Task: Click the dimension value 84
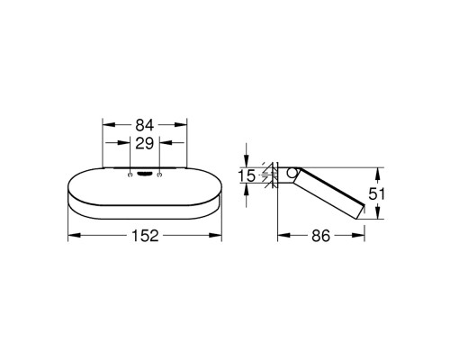(x=145, y=125)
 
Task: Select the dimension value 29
(x=145, y=143)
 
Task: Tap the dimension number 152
(x=145, y=236)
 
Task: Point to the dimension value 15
(x=247, y=175)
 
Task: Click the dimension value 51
(x=376, y=193)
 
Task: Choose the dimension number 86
(x=320, y=236)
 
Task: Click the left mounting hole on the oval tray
(x=130, y=175)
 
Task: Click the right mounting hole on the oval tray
(x=159, y=175)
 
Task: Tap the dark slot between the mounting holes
(x=145, y=174)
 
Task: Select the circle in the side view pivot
(x=291, y=173)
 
